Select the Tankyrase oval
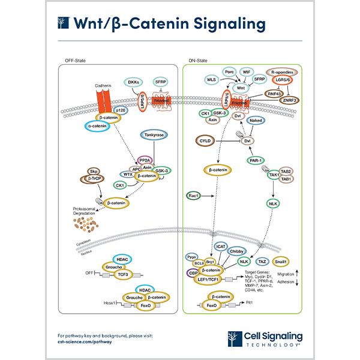(152, 136)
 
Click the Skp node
(94, 171)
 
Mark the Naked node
(256, 121)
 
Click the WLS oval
(211, 79)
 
